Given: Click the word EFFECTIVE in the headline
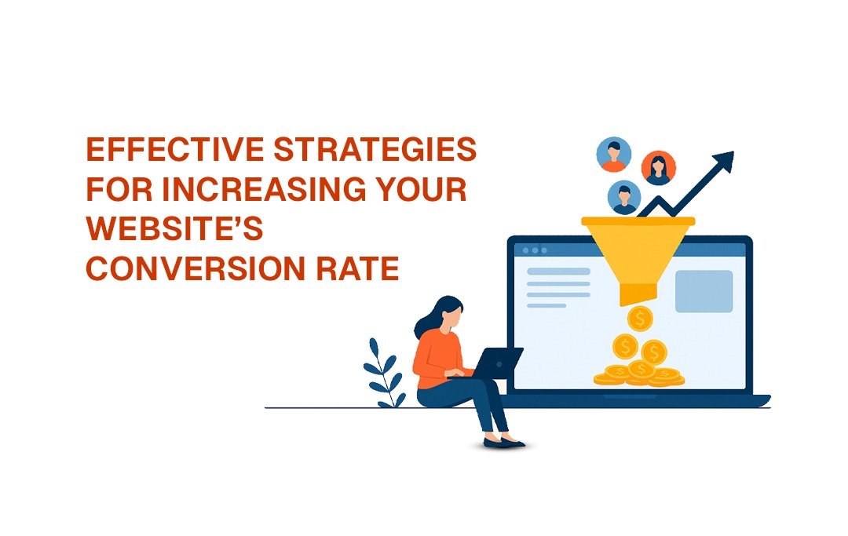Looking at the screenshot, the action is pyautogui.click(x=174, y=149).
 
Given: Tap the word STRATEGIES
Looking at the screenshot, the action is pyautogui.click(x=375, y=149).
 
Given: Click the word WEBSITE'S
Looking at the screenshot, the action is pyautogui.click(x=174, y=228).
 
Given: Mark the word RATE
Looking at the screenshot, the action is pyautogui.click(x=358, y=268).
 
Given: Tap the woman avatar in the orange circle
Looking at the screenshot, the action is pyautogui.click(x=658, y=167).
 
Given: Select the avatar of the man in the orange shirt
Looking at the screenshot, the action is pyautogui.click(x=614, y=155).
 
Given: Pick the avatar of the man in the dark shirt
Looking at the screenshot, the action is pyautogui.click(x=624, y=197).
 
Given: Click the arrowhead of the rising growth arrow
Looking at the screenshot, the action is pyautogui.click(x=724, y=161).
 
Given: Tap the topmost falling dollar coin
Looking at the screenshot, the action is pyautogui.click(x=641, y=319).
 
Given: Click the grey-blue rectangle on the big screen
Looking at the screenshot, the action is pyautogui.click(x=704, y=292).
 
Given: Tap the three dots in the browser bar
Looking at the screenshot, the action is pyautogui.click(x=535, y=250).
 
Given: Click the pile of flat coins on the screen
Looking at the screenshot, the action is pyautogui.click(x=639, y=374).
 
